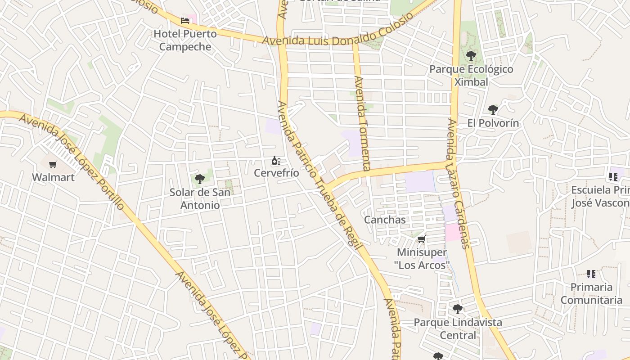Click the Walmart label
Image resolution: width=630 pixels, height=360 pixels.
53,177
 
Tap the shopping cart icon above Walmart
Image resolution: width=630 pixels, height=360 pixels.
53,164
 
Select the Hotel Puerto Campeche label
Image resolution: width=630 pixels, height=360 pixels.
185,40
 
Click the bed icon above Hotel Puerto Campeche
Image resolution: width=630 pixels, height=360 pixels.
185,20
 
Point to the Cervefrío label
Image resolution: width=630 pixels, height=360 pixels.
276,173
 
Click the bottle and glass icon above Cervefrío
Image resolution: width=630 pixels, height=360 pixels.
276,160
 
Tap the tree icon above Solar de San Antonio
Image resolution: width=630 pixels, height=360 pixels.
200,179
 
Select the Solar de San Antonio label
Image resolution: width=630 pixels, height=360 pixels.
200,198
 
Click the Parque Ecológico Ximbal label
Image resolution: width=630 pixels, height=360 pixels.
471,76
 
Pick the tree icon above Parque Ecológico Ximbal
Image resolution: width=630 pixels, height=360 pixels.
471,56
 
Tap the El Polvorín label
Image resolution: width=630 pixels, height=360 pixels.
493,123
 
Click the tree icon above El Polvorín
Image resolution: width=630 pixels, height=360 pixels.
493,109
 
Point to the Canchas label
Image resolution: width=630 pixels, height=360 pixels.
385,220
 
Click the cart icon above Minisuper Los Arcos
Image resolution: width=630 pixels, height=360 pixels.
422,239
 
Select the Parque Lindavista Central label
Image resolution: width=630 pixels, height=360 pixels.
458,329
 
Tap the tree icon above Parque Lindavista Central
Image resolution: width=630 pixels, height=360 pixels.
458,309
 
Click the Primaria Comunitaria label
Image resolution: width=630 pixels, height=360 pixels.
591,293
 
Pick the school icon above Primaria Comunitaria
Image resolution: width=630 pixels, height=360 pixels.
591,274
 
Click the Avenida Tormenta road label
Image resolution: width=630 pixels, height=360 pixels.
362,123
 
